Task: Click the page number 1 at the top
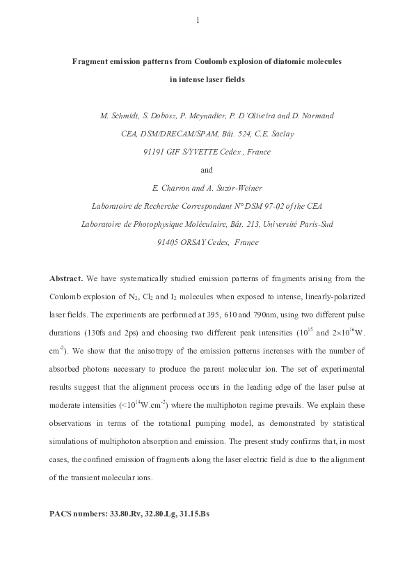(x=198, y=20)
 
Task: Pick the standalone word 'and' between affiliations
(x=206, y=170)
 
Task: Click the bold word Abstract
(x=66, y=278)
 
